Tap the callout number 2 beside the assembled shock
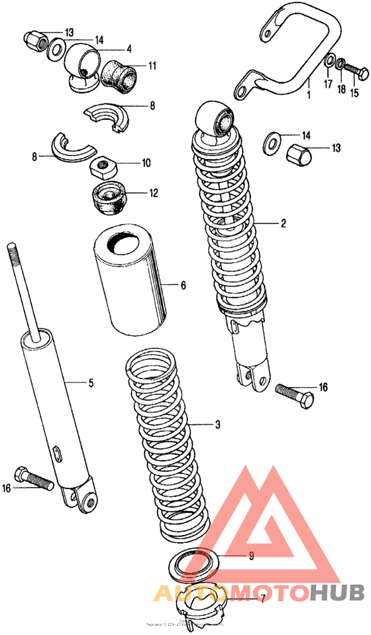pos(283,223)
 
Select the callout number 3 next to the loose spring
pos(217,424)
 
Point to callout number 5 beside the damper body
pos(91,382)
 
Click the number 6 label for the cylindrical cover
pos(183,286)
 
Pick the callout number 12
pos(153,194)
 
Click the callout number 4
pos(129,48)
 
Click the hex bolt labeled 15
pos(356,70)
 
